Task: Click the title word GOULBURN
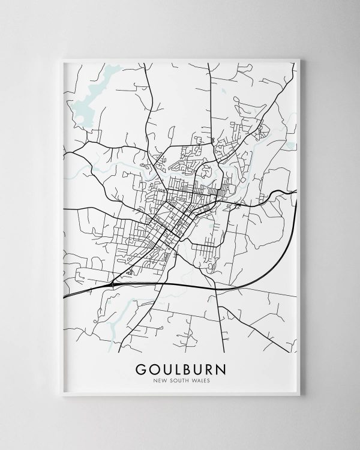pyautogui.click(x=180, y=367)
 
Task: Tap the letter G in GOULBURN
pyautogui.click(x=141, y=367)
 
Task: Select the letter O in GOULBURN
pyautogui.click(x=154, y=367)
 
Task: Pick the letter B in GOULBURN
pyautogui.click(x=188, y=367)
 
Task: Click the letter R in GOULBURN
pyautogui.click(x=209, y=367)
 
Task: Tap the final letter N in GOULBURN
pyautogui.click(x=221, y=367)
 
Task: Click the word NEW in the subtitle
pyautogui.click(x=160, y=379)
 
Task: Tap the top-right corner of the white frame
pyautogui.click(x=301, y=58)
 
